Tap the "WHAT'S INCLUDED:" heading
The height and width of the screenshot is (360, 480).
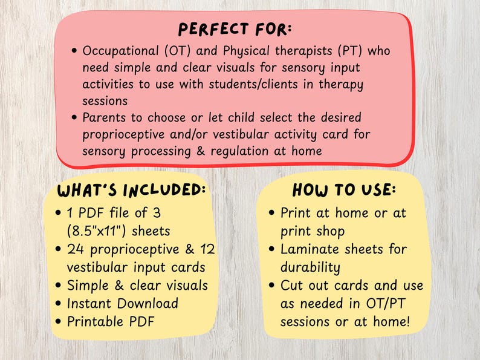pos(132,190)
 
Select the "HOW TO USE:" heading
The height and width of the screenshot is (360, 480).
pos(345,190)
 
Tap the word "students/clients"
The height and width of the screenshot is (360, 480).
pos(256,83)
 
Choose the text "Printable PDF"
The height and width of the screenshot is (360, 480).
pos(111,321)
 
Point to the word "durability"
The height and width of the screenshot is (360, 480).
pos(310,267)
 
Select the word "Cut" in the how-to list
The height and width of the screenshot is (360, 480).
pos(292,285)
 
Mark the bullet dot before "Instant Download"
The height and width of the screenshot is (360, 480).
pos(58,304)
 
